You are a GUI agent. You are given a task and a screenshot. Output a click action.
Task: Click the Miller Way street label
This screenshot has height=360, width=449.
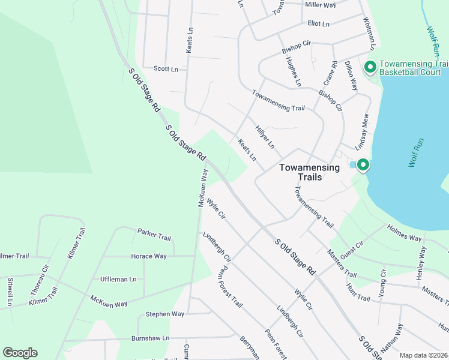321,4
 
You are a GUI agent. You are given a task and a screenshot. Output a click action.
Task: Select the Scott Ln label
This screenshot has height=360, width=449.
166,69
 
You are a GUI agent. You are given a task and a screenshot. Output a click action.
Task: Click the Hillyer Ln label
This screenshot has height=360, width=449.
265,137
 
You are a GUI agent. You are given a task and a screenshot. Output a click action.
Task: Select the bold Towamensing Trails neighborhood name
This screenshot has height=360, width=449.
309,172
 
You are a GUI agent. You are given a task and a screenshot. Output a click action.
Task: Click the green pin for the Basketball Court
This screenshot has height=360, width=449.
370,67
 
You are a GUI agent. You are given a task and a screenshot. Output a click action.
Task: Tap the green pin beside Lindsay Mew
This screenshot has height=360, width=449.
363,164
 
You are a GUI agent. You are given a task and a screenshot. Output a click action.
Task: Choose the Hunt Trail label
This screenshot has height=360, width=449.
358,293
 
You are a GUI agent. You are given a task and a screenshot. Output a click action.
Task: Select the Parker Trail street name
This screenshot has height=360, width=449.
154,234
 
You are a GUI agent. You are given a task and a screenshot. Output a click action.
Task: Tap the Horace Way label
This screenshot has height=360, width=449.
149,256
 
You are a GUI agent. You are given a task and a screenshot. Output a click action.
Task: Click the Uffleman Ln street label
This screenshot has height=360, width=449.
118,279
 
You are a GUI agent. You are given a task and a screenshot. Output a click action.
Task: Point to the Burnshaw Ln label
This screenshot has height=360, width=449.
151,338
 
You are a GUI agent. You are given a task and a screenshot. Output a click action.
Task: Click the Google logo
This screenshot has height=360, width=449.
20,353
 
